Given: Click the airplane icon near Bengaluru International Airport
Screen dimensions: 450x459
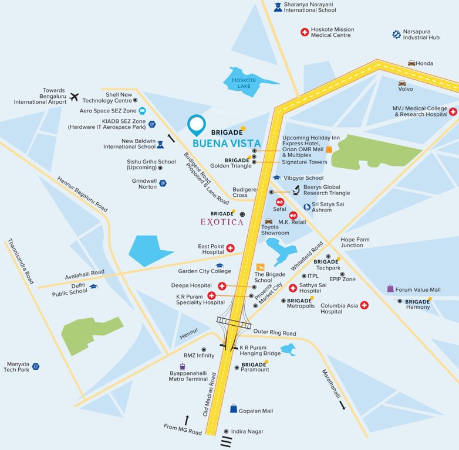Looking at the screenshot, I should click(x=74, y=97).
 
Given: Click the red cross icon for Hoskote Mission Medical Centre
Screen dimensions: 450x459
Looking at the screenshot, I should click(x=304, y=32).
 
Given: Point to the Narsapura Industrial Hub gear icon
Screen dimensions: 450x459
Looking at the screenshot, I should click(x=396, y=35).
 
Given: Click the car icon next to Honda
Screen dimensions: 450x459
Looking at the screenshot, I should click(x=411, y=63).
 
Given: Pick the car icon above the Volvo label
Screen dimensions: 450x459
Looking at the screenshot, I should click(x=402, y=83).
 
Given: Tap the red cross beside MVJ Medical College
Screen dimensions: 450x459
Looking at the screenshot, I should click(x=453, y=111).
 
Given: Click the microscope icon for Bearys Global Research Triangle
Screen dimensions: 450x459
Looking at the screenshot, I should click(x=296, y=190).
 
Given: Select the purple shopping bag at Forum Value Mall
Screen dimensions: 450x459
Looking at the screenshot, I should click(x=390, y=289).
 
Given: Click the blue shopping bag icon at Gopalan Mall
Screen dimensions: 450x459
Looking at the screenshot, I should click(x=234, y=408).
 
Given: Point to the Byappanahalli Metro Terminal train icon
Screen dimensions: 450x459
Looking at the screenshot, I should click(x=183, y=366).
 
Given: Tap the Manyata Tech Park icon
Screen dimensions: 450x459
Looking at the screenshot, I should click(x=36, y=366).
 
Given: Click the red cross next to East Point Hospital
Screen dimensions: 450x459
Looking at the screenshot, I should click(x=230, y=248).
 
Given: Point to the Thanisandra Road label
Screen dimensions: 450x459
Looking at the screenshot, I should click(x=21, y=262).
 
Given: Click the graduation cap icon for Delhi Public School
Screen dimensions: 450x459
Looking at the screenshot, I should click(x=93, y=287).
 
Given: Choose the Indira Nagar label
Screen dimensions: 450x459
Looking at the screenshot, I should click(x=247, y=431).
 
